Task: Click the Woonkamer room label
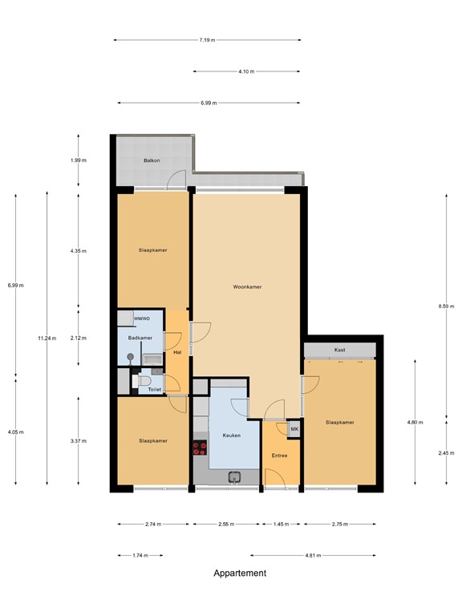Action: click(247, 286)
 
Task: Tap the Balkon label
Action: click(152, 160)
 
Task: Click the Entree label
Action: click(279, 456)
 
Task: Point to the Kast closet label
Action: click(339, 351)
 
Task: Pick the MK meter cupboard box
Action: click(294, 429)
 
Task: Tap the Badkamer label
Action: click(140, 338)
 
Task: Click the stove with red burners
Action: click(199, 449)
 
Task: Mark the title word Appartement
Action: click(240, 573)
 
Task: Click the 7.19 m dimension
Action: click(208, 39)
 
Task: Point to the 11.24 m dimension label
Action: click(47, 338)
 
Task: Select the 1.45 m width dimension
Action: click(281, 524)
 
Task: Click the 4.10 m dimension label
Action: click(246, 71)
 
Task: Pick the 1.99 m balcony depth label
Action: click(78, 160)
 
